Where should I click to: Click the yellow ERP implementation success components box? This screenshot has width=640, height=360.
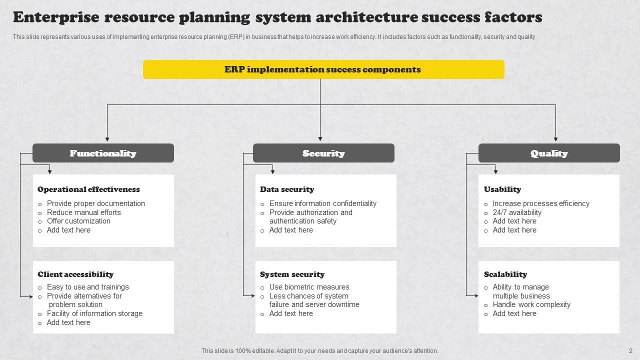(x=323, y=69)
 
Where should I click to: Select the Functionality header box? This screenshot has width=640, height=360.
(x=103, y=153)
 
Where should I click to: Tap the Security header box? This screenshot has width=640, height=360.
(x=323, y=153)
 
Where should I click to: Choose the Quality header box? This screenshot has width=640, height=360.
(x=549, y=153)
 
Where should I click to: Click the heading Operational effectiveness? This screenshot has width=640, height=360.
(x=88, y=189)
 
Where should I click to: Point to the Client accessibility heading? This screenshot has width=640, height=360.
(x=75, y=274)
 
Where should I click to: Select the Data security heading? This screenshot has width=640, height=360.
(x=287, y=189)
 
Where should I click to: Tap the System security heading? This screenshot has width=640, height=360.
(x=292, y=274)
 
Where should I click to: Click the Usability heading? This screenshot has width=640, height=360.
(x=502, y=189)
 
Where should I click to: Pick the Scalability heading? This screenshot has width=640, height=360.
(x=505, y=274)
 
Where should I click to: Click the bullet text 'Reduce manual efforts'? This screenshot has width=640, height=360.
(x=84, y=212)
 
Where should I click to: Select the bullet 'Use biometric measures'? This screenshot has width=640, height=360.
(x=309, y=287)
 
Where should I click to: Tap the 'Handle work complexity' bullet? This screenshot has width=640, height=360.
(x=531, y=304)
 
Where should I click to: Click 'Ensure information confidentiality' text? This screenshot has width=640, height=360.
(x=323, y=203)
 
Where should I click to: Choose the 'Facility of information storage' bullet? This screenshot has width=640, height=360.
(x=94, y=313)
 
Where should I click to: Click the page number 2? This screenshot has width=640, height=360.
(x=630, y=351)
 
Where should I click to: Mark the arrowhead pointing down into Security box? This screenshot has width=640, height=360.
(x=320, y=139)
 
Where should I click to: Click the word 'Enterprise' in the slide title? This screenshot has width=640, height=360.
(x=55, y=17)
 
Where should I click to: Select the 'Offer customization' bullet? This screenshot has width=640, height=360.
(x=78, y=221)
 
